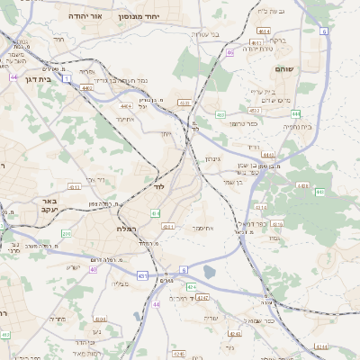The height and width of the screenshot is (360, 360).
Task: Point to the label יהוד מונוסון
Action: [x=166, y=16]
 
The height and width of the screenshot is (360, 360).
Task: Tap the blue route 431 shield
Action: [x=141, y=274]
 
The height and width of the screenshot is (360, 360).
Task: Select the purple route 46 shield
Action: [x=230, y=53]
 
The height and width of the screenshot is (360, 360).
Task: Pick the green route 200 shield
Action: [x=66, y=234]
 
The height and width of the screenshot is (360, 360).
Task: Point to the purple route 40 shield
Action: [x=93, y=269]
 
